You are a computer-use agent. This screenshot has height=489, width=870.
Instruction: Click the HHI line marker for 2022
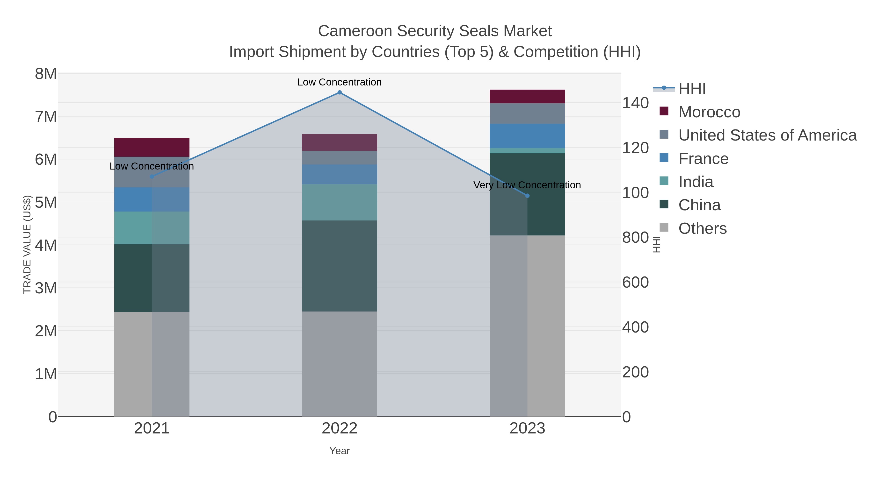pyautogui.click(x=340, y=92)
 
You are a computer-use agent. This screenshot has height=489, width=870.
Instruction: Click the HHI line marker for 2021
pyautogui.click(x=152, y=177)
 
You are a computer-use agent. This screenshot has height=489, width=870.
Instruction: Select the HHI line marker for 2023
pyautogui.click(x=527, y=196)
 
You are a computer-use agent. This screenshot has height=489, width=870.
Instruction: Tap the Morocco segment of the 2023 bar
pyautogui.click(x=527, y=97)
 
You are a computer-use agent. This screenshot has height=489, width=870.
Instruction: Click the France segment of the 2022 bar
pyautogui.click(x=340, y=175)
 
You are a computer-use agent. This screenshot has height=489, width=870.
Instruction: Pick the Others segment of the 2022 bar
pyautogui.click(x=340, y=364)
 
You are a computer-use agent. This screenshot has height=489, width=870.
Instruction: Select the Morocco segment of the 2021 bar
pyautogui.click(x=152, y=148)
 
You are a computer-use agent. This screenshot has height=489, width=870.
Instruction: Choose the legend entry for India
pyautogui.click(x=696, y=182)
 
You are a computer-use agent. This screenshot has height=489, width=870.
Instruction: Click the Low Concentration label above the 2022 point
pyautogui.click(x=340, y=82)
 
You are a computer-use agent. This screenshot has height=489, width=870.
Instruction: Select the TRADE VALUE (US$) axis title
pyautogui.click(x=27, y=244)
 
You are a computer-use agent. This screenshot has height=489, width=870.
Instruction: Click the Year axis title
pyautogui.click(x=340, y=451)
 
